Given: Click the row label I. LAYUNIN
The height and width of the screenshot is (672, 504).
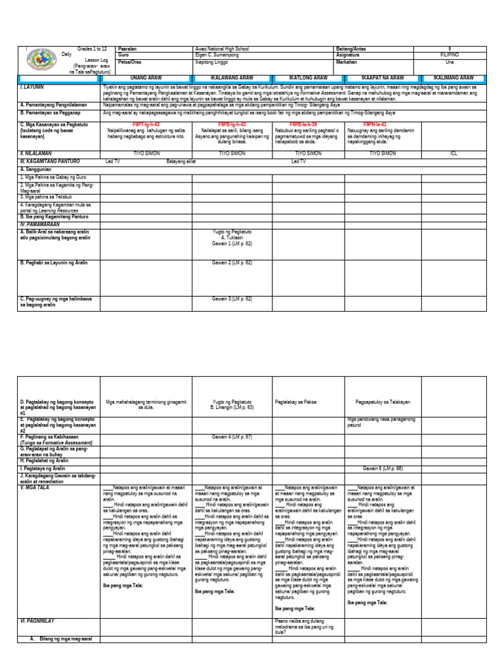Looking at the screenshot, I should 31,86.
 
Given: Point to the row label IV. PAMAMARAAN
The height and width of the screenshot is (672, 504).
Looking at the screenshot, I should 41,224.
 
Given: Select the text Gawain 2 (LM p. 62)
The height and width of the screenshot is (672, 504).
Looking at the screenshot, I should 231,262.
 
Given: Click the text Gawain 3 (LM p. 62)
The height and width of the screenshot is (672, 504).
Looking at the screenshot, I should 231,299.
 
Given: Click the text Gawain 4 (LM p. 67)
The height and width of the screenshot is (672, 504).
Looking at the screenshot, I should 231,436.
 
